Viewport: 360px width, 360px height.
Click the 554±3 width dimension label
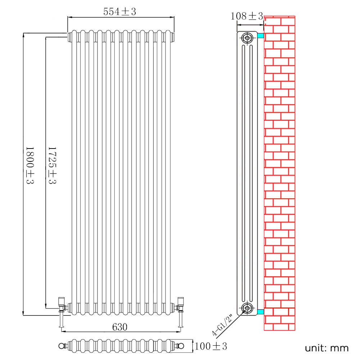pyautogui.click(x=120, y=12)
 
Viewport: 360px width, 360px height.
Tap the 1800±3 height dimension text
pyautogui.click(x=30, y=165)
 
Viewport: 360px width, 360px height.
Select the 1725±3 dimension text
pyautogui.click(x=53, y=165)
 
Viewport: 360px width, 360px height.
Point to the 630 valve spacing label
pyautogui.click(x=120, y=327)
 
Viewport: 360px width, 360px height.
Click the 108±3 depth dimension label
pyautogui.click(x=247, y=16)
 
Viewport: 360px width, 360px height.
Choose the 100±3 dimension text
pyautogui.click(x=211, y=346)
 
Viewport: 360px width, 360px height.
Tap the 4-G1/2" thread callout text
pyautogui.click(x=222, y=325)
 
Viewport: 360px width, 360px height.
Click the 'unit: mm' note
pyautogui.click(x=327, y=348)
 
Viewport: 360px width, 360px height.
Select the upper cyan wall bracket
pyautogui.click(x=261, y=36)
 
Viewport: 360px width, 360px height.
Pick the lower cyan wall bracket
pyautogui.click(x=261, y=312)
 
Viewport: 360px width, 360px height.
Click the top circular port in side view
pyautogui.click(x=247, y=38)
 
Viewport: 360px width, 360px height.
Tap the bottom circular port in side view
pyautogui.click(x=247, y=308)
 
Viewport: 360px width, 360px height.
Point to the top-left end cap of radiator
pyautogui.click(x=69, y=37)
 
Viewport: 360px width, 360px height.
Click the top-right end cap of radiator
pyautogui.click(x=172, y=37)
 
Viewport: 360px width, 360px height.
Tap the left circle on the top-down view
pyautogui.click(x=61, y=346)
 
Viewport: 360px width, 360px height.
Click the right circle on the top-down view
pyautogui.click(x=181, y=346)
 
